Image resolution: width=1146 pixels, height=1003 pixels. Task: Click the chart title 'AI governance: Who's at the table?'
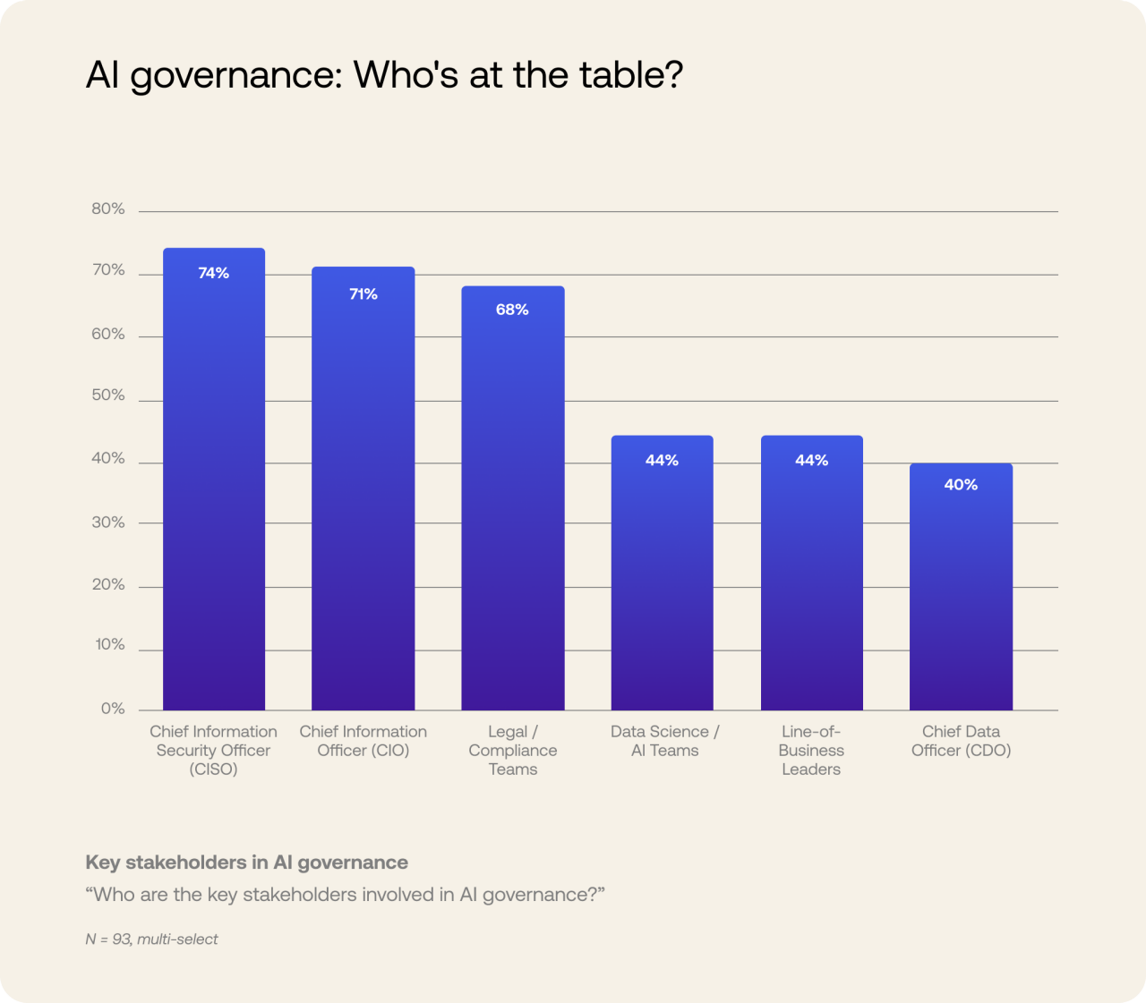[x=384, y=75]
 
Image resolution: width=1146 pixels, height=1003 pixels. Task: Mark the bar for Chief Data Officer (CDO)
[x=961, y=591]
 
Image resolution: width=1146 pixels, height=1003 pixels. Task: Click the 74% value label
[x=214, y=273]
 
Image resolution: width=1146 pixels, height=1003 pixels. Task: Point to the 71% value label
[x=363, y=294]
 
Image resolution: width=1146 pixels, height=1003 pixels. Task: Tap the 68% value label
[x=512, y=310]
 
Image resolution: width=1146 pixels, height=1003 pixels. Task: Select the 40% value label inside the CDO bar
[x=961, y=485]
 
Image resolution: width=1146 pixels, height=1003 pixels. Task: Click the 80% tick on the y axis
[x=108, y=208]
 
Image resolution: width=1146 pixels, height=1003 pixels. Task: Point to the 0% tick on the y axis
[x=113, y=709]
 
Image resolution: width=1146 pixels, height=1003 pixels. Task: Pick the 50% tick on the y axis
[x=108, y=395]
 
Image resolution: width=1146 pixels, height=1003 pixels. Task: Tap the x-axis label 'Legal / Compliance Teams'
[x=512, y=751]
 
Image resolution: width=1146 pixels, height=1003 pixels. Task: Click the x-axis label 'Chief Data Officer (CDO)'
[x=961, y=741]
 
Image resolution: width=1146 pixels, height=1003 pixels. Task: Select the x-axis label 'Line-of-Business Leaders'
[x=811, y=751]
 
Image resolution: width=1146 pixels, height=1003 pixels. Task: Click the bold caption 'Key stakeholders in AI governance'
[x=246, y=863]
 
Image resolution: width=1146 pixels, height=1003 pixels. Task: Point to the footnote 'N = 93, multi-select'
[x=151, y=939]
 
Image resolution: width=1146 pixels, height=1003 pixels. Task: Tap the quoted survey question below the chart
[x=345, y=895]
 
